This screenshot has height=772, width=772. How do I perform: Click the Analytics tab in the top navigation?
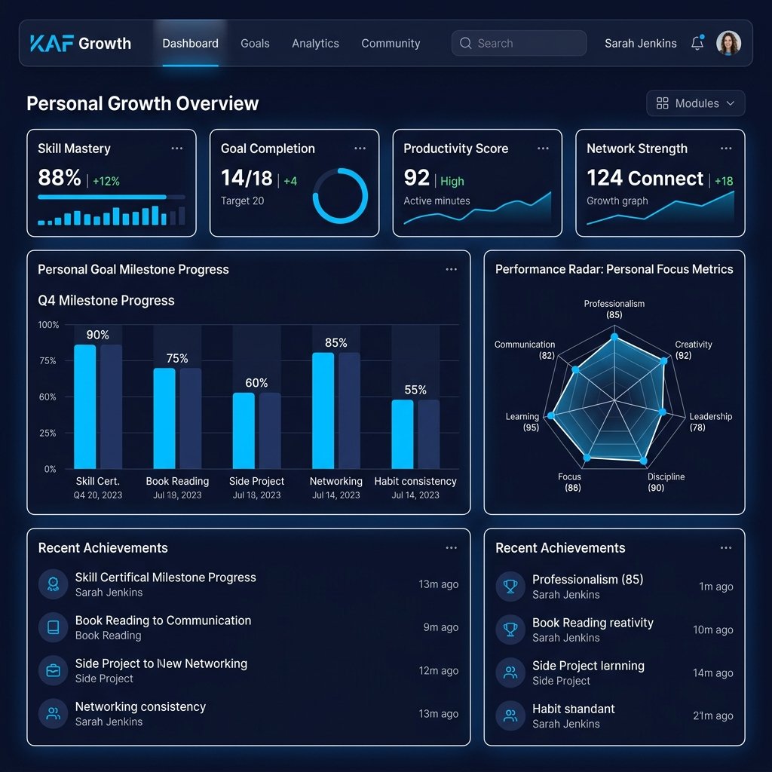point(315,43)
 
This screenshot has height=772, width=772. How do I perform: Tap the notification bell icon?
point(697,43)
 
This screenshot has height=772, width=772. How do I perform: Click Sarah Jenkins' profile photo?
point(729,43)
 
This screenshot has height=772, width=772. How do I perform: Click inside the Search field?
point(519,43)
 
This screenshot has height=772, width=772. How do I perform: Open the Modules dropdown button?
point(695,103)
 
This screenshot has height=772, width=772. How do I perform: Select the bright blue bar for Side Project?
point(244,430)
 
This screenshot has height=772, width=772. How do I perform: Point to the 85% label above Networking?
point(335,343)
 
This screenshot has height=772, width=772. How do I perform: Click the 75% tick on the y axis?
point(47,361)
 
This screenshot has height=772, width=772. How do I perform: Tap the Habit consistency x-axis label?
point(415,481)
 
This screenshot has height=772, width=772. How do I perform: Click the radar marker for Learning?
point(551,415)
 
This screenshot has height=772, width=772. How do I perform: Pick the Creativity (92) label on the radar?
point(693,350)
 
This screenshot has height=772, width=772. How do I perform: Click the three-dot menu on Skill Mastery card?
point(176,149)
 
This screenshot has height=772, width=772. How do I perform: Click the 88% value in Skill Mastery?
point(59,177)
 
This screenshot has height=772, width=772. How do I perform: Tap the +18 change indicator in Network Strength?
point(724,181)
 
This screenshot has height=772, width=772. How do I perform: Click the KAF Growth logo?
point(81,43)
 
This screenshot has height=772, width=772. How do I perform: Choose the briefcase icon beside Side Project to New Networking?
point(54,670)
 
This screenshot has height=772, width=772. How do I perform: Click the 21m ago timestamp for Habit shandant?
point(713,716)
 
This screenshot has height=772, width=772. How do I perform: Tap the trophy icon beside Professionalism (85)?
point(510,587)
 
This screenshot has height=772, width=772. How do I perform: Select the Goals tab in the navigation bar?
point(255,43)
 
